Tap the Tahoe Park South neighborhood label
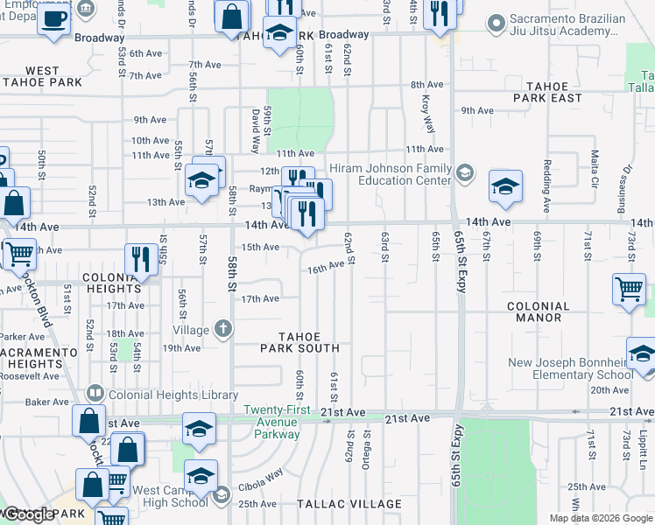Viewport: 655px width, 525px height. point(299,342)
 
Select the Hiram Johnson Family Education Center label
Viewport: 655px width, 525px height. point(389,174)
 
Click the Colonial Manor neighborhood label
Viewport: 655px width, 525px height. point(538,312)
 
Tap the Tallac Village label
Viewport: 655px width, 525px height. point(349,504)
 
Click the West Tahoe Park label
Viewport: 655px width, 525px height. point(42,76)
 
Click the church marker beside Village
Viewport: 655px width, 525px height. point(223,330)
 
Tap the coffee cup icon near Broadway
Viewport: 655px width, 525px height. point(53,18)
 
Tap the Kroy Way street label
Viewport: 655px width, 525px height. point(429,110)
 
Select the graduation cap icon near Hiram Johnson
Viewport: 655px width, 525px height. point(504,185)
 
